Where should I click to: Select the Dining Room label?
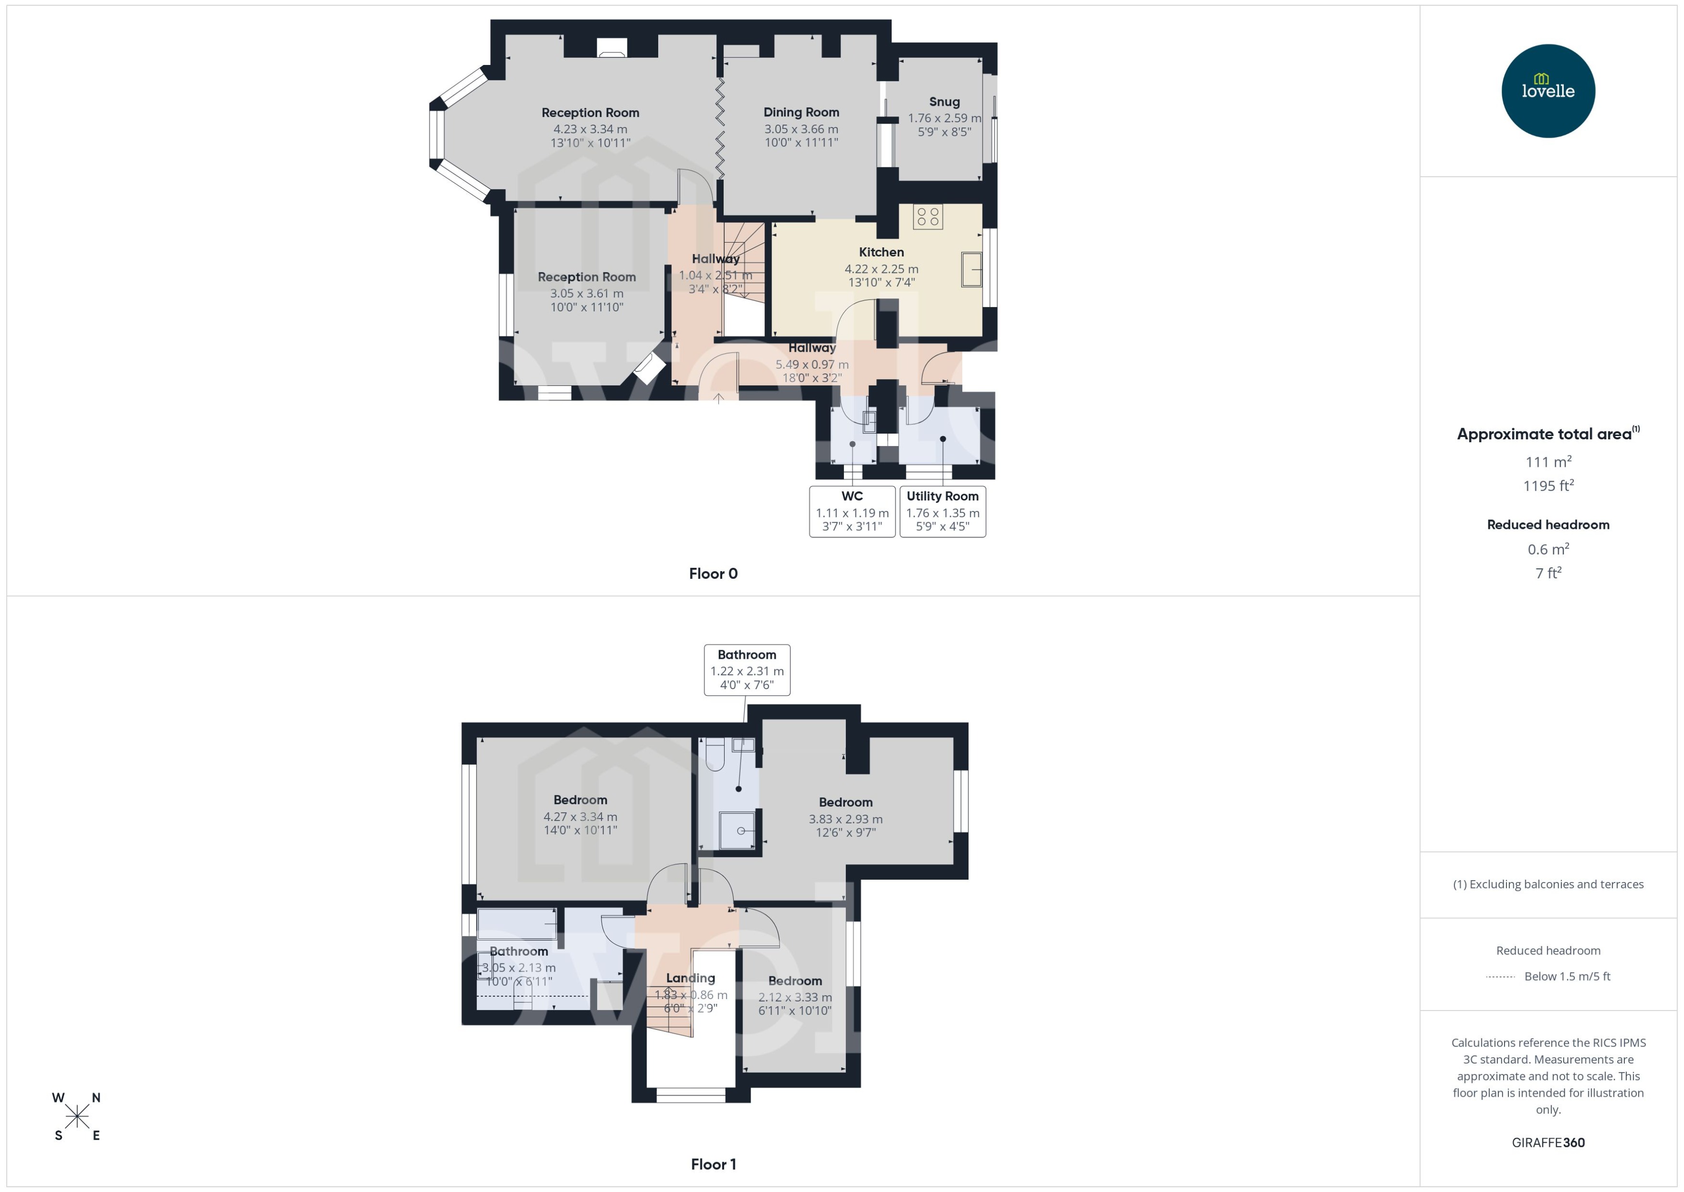click(x=801, y=112)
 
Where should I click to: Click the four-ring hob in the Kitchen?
click(x=928, y=217)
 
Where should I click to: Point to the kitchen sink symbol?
click(x=971, y=269)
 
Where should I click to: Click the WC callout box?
click(x=852, y=512)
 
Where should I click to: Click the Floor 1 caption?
click(x=713, y=1164)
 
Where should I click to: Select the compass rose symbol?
click(x=77, y=1116)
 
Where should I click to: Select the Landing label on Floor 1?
click(x=690, y=978)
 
